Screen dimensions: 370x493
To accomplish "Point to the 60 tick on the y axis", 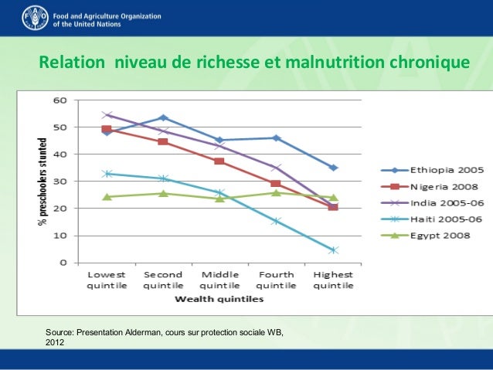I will point(59,100).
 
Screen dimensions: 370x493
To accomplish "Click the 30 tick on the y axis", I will point(59,182).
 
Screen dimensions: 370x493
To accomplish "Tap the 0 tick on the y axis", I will point(62,263).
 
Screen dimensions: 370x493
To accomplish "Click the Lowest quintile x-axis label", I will point(107,280).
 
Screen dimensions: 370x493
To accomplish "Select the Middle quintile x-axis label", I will point(219,280).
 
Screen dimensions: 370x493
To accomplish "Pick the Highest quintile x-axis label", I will point(332,280).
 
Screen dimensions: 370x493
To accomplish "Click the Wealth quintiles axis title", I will point(220,297).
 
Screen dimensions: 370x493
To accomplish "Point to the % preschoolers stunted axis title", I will point(43,182).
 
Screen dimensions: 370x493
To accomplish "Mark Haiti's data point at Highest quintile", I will point(333,250).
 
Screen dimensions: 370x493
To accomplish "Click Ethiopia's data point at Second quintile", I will point(163,118).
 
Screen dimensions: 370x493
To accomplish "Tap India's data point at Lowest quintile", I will point(107,115).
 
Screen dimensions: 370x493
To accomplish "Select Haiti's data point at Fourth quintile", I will point(277,221).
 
